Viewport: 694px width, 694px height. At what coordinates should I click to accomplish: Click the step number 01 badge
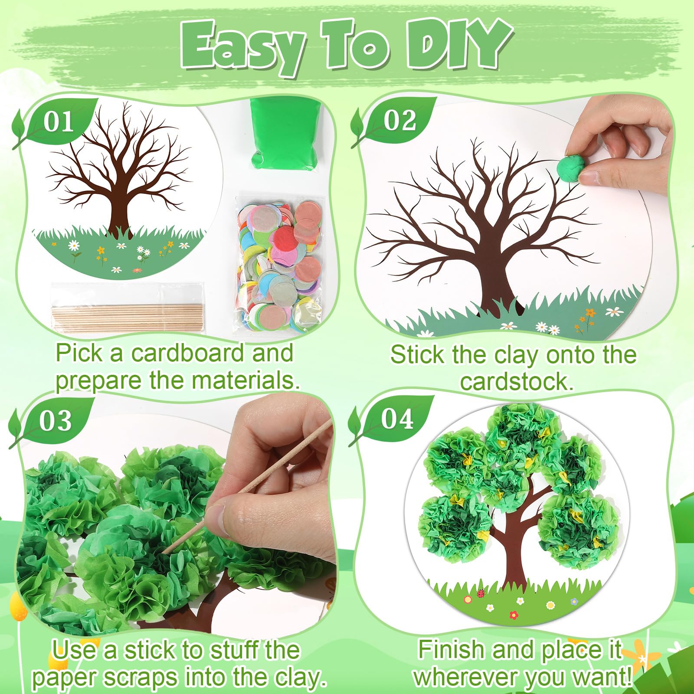pyautogui.click(x=59, y=122)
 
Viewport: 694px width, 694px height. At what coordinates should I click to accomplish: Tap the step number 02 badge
pyautogui.click(x=399, y=120)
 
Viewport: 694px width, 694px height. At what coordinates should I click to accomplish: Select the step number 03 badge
pyautogui.click(x=55, y=421)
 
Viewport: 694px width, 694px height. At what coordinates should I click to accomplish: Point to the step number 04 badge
pyautogui.click(x=397, y=419)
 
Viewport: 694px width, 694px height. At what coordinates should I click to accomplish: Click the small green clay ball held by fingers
pyautogui.click(x=569, y=167)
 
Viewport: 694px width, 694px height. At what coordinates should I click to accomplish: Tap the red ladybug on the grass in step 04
pyautogui.click(x=481, y=593)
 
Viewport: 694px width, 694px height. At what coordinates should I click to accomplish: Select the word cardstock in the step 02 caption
pyautogui.click(x=516, y=382)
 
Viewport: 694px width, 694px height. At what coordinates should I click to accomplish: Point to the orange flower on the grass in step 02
pyautogui.click(x=590, y=313)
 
